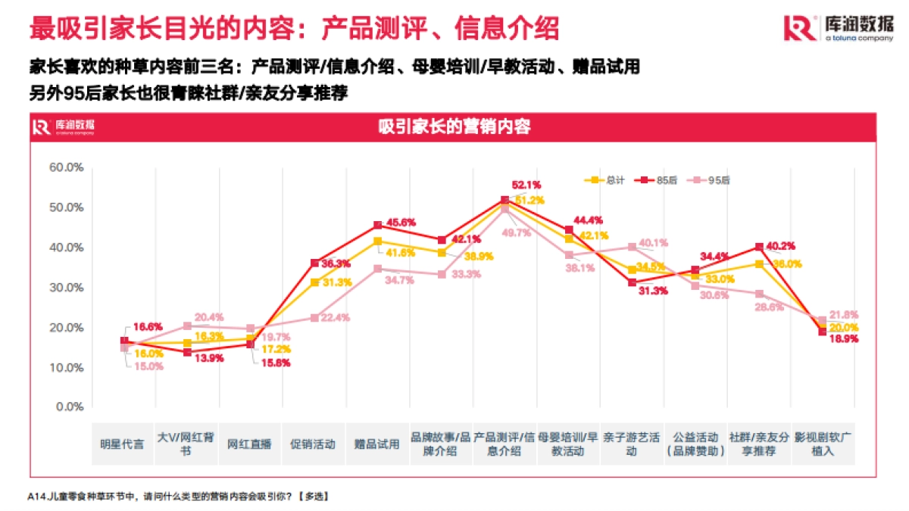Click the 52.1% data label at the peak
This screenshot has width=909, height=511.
[x=526, y=185]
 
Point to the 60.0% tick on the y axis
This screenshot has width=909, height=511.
[x=66, y=167]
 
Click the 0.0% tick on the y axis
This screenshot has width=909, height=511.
[x=69, y=407]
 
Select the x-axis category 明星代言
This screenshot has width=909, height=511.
[x=123, y=444]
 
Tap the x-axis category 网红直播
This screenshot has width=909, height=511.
[x=249, y=444]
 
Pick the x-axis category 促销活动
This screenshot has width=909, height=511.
[x=313, y=444]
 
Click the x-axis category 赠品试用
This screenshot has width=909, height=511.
[x=376, y=444]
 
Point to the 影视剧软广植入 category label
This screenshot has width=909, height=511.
[x=823, y=444]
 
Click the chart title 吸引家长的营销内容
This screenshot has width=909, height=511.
[x=454, y=126]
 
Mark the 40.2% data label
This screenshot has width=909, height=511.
[x=782, y=245]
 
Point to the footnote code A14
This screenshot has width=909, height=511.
[x=36, y=497]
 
